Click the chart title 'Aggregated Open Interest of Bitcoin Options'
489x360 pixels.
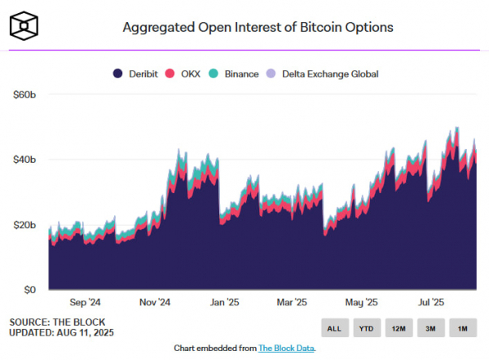click(x=258, y=27)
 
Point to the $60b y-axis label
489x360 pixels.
click(x=24, y=94)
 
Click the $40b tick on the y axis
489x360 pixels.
click(x=24, y=160)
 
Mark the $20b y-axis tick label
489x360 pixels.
click(x=24, y=225)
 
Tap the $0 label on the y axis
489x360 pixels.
click(x=30, y=290)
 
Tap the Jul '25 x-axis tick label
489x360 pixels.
click(x=430, y=301)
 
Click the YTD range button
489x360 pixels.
click(x=365, y=329)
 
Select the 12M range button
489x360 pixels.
click(x=399, y=329)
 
